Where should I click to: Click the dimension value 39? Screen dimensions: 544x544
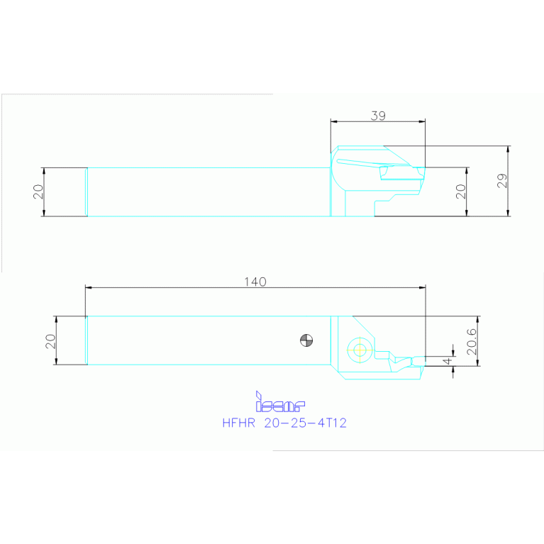[377, 114]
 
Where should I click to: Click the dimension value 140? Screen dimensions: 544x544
[255, 282]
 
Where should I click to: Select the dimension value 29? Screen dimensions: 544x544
[502, 181]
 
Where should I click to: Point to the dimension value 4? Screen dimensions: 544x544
[446, 361]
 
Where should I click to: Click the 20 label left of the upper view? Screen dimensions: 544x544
[38, 191]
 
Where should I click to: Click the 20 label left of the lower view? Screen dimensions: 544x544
[50, 341]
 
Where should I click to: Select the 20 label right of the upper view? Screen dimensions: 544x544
[461, 191]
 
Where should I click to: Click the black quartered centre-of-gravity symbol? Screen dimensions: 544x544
[306, 340]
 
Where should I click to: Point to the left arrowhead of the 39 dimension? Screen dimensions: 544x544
[333, 121]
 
